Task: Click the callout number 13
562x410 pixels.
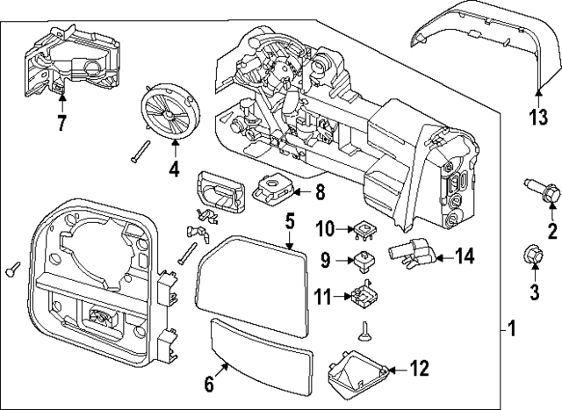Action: pos(537,118)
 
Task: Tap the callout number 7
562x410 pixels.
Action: pos(61,124)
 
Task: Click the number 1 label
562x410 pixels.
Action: pos(511,330)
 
